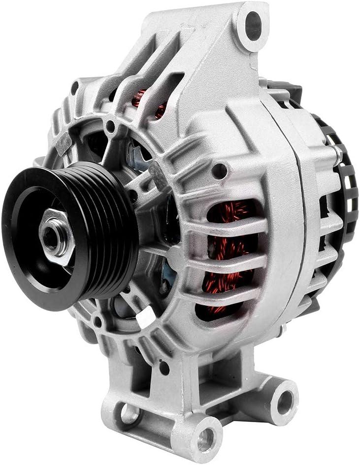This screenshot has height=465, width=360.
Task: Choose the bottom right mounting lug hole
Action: click(285, 402)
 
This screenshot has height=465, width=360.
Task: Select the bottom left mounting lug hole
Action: click(129, 413)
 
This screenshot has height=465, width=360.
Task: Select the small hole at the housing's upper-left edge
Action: click(75, 88)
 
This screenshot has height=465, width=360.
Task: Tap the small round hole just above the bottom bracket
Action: click(164, 367)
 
